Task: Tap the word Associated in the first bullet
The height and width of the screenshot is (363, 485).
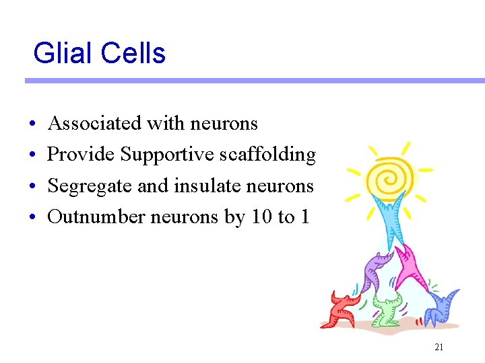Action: coord(94,124)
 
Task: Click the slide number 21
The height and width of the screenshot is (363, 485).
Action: coord(439,348)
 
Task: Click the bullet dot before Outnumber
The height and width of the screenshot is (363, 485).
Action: coord(33,217)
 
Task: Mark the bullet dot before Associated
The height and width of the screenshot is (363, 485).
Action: coord(33,124)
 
